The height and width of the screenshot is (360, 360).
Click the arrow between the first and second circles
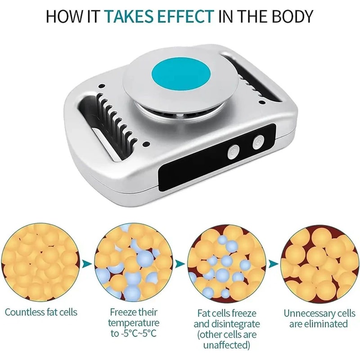pos(86,263)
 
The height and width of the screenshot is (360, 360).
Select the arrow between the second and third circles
pos(180,263)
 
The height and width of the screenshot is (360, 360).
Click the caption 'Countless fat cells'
pos(41,312)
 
